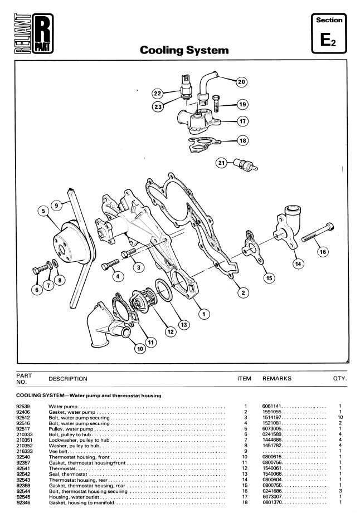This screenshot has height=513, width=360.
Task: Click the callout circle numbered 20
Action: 241,81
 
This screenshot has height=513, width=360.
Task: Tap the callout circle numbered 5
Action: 43,211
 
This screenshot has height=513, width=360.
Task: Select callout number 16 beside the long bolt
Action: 323,252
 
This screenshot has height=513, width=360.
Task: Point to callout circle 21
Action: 222,162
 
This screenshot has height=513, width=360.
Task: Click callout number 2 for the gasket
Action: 243,292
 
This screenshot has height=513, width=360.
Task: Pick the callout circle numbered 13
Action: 184,325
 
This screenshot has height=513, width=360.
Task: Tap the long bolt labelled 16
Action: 318,232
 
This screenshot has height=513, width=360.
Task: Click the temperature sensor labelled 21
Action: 245,164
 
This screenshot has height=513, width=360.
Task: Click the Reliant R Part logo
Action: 34,33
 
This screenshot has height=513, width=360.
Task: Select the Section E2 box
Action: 329,33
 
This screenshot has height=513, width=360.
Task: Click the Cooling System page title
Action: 184,50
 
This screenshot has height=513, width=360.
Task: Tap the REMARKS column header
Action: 276,379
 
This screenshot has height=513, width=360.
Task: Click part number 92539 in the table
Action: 23,407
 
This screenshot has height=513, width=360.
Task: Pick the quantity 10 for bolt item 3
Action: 340,417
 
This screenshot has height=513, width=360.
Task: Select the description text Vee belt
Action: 59,452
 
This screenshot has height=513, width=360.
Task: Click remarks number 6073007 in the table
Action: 272,497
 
